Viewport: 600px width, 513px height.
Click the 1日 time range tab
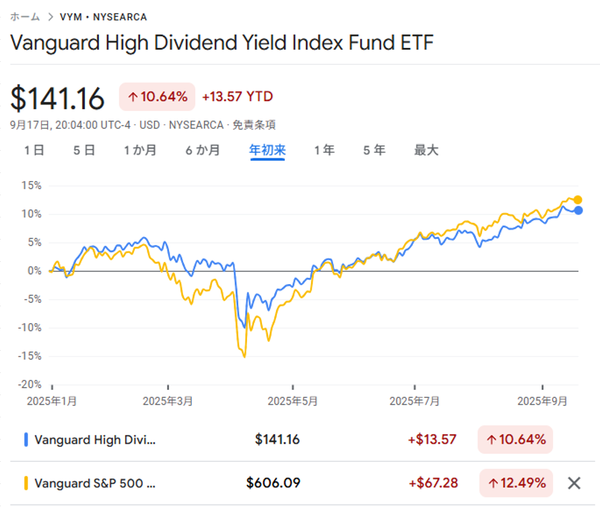(x=34, y=150)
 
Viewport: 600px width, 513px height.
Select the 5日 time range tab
(x=84, y=150)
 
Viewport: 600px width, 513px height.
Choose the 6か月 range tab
(x=203, y=150)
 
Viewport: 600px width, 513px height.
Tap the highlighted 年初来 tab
(x=267, y=150)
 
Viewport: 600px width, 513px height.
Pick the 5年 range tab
(x=374, y=150)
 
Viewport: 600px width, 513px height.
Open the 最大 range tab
(x=426, y=150)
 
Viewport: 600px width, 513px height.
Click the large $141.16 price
(x=58, y=98)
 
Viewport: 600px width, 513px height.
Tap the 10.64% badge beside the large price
(x=157, y=97)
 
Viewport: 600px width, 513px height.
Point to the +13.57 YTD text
(x=237, y=97)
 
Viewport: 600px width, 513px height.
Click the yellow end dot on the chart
(x=578, y=199)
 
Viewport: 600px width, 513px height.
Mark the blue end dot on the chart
(x=578, y=210)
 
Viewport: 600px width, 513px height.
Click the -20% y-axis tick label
(x=30, y=384)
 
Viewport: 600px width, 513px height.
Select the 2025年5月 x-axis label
(x=292, y=401)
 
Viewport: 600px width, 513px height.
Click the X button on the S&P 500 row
(x=574, y=483)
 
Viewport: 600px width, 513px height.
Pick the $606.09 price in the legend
(x=273, y=483)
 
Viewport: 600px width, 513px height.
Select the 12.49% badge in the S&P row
(x=516, y=483)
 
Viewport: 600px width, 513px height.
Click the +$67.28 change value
(x=432, y=483)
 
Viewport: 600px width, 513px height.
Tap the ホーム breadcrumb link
(x=25, y=17)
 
